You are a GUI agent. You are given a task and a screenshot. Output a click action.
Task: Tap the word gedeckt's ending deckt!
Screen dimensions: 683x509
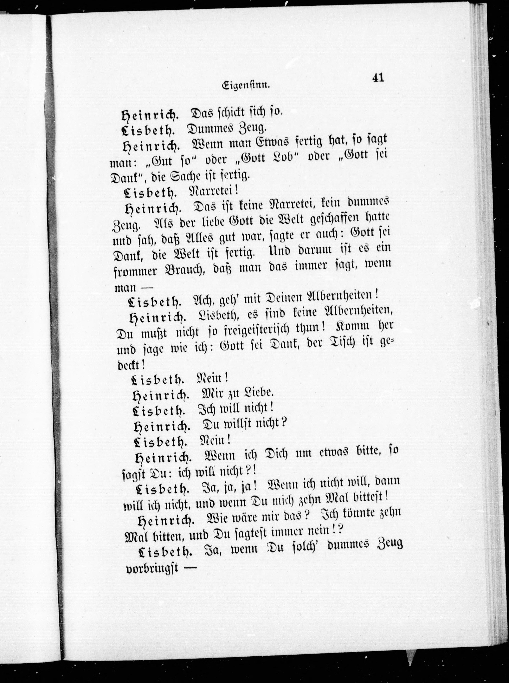pos(130,365)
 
